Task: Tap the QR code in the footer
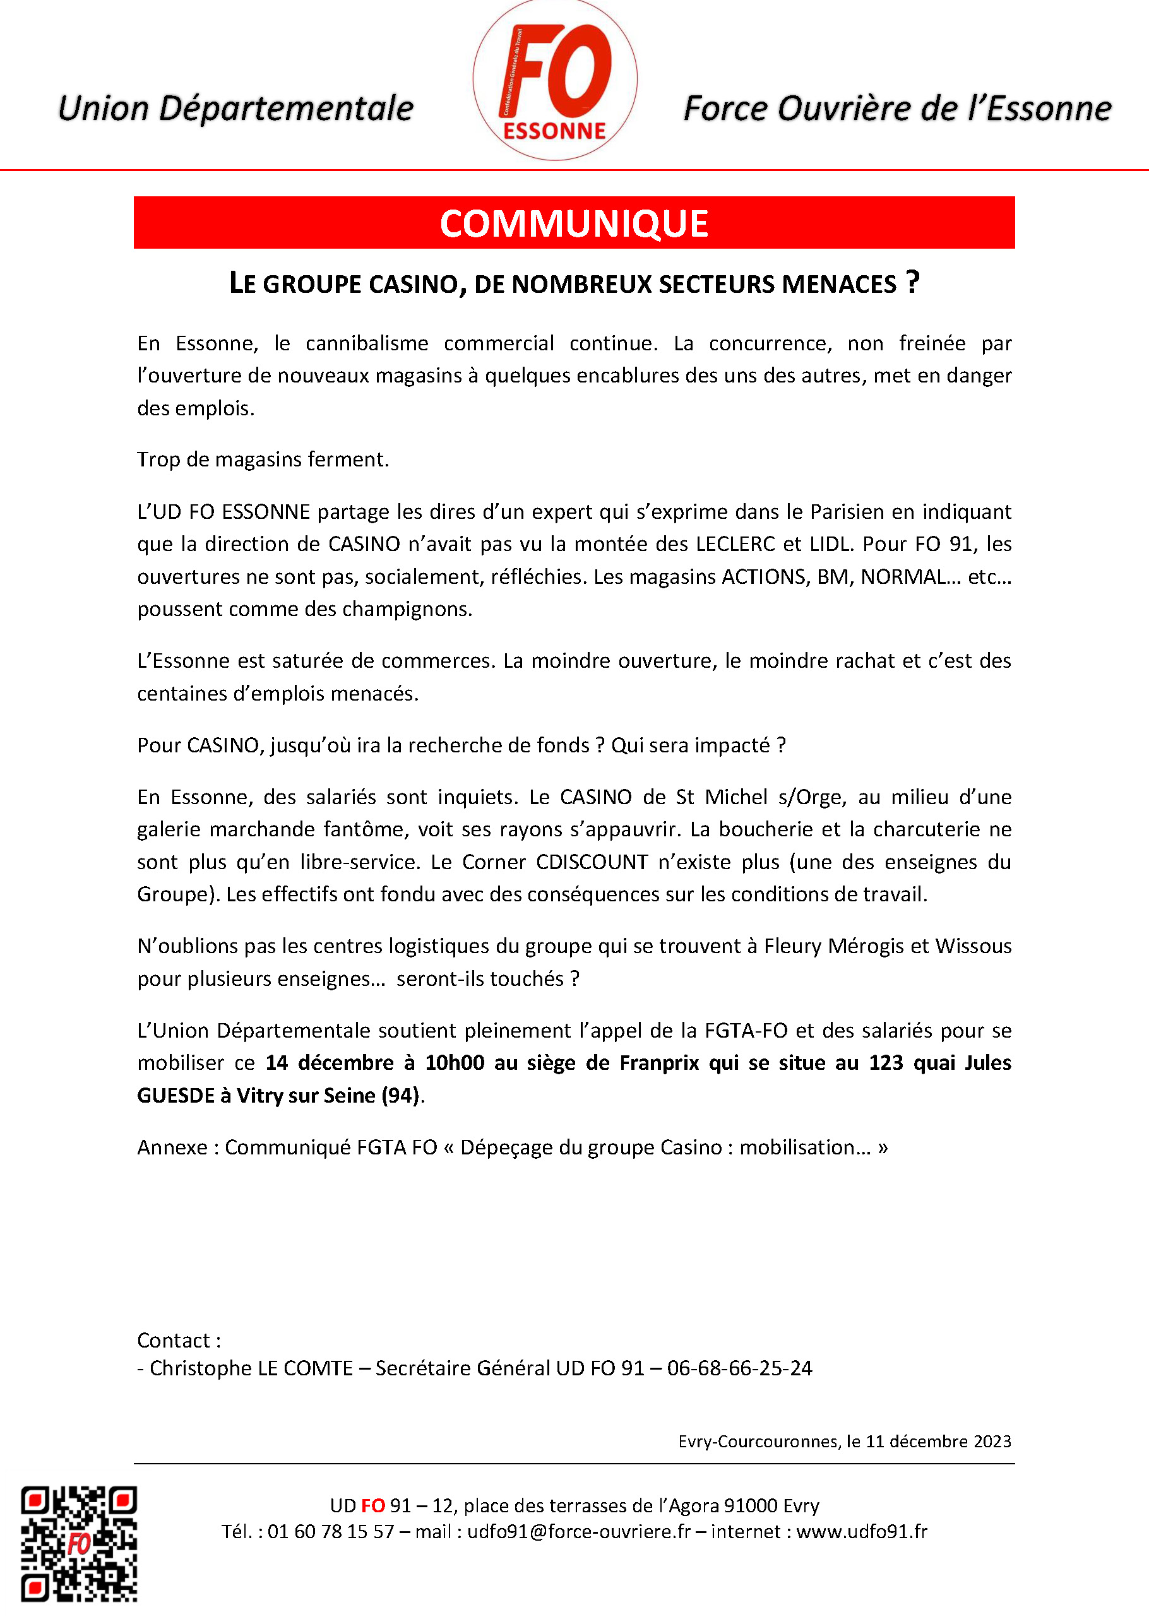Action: click(78, 1543)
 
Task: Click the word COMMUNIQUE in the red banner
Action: click(574, 223)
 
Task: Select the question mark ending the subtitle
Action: click(913, 282)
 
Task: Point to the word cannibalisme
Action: click(367, 344)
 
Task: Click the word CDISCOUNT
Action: click(592, 862)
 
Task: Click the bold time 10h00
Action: click(454, 1063)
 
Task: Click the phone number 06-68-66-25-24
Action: click(739, 1368)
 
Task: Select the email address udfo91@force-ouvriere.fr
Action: click(578, 1532)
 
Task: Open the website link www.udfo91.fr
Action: click(861, 1532)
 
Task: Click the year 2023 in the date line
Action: click(990, 1442)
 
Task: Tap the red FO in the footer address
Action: click(373, 1506)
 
